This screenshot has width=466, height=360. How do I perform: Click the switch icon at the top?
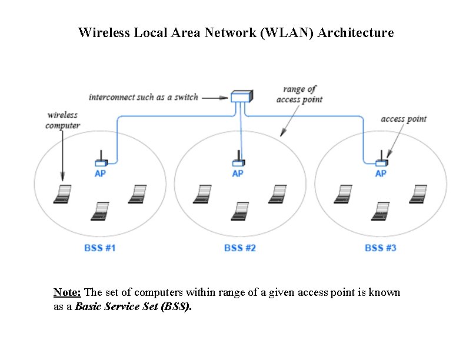pos(241,97)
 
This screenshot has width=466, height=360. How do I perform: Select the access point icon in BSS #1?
pos(100,161)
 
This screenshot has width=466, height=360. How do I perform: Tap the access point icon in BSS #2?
pos(238,161)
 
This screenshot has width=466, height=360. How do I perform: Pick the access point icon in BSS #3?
pos(381,161)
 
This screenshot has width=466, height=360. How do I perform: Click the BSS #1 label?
pos(99,248)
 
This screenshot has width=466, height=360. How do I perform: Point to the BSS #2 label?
pos(240,248)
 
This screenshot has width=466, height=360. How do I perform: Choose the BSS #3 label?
pos(380,248)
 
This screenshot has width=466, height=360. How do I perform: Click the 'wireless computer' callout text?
pos(62,121)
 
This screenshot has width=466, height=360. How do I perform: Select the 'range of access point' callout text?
pos(299,94)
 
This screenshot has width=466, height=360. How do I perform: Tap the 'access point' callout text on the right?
pos(404,119)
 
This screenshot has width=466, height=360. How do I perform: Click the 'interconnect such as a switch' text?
pos(144,97)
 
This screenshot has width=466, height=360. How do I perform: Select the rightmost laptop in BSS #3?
pos(418,194)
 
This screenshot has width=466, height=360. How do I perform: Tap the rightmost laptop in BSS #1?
pos(137,194)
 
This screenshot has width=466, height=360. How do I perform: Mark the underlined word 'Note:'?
pos(68,292)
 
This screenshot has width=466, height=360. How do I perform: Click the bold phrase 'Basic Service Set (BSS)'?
pos(133,307)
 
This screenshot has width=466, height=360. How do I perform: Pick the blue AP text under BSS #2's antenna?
pos(238,174)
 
